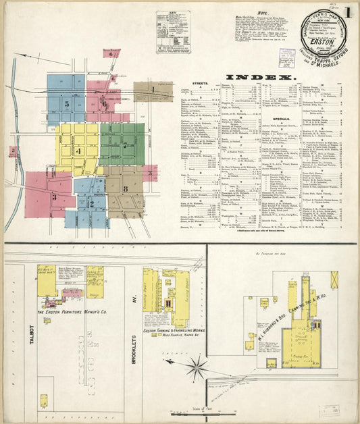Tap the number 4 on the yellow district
click(x=78, y=151)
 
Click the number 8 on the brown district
click(x=126, y=188)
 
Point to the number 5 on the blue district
click(x=66, y=105)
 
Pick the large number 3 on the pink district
click(x=54, y=196)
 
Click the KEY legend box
click(x=173, y=31)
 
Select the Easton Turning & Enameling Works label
click(x=174, y=330)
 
